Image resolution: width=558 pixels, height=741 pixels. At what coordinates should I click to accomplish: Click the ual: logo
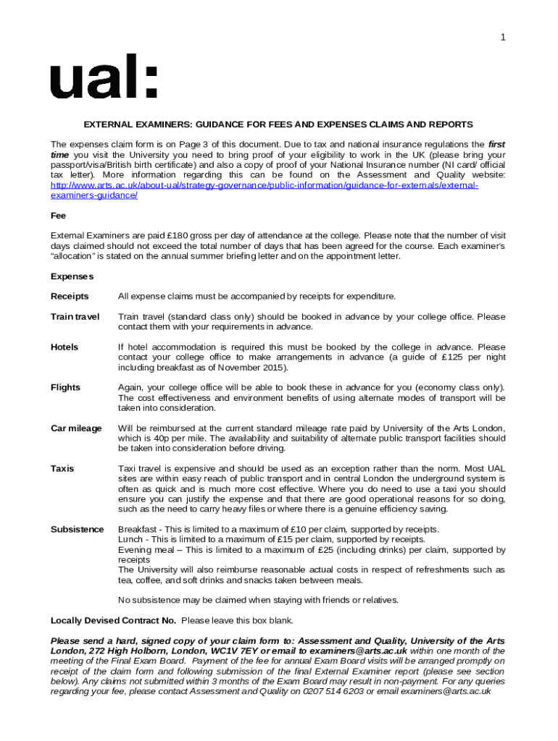(x=103, y=76)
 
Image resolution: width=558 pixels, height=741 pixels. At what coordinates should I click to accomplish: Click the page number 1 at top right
(x=502, y=38)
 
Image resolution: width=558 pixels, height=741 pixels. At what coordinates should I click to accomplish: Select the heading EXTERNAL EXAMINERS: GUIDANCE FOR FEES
(x=278, y=124)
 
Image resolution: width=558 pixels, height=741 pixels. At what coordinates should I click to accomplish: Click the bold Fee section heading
(x=58, y=216)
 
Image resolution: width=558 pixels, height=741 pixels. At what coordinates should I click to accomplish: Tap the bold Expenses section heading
(x=72, y=276)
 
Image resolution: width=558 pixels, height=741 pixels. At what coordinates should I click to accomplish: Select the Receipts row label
(x=70, y=297)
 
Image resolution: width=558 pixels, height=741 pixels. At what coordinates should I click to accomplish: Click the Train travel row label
(x=75, y=317)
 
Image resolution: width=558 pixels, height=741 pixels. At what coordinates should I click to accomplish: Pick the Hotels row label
(x=64, y=347)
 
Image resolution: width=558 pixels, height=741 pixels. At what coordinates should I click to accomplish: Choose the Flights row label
(x=65, y=388)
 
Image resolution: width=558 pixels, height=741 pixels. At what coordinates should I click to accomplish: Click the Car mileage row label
(x=76, y=428)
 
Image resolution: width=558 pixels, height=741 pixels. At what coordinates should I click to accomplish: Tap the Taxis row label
(x=62, y=469)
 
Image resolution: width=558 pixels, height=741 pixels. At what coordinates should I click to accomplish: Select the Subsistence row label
(x=77, y=530)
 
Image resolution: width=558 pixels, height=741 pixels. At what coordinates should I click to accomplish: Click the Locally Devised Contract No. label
(x=113, y=621)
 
